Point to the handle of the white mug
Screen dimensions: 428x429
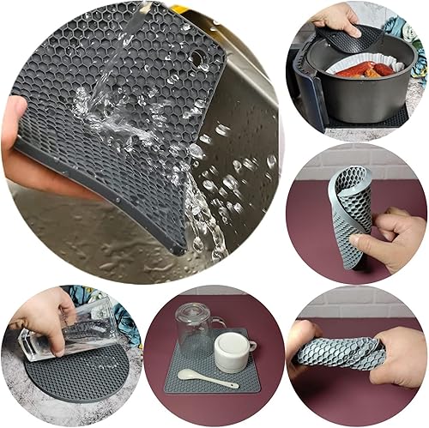click(x=250, y=345)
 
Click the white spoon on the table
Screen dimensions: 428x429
click(x=206, y=378)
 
